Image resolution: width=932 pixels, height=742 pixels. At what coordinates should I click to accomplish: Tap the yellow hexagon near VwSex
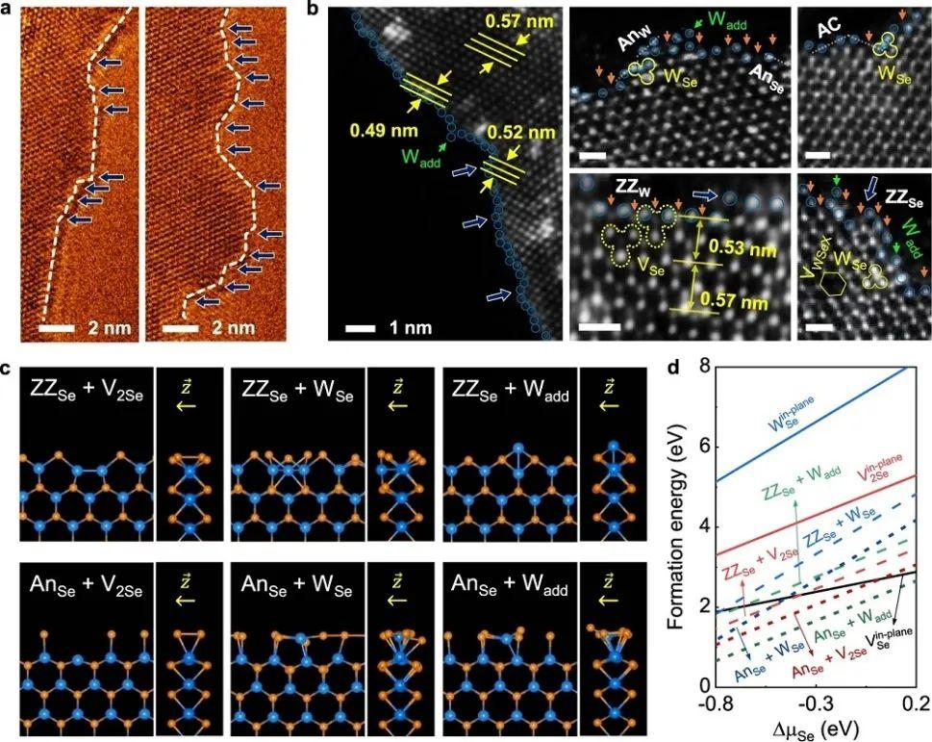(x=836, y=284)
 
